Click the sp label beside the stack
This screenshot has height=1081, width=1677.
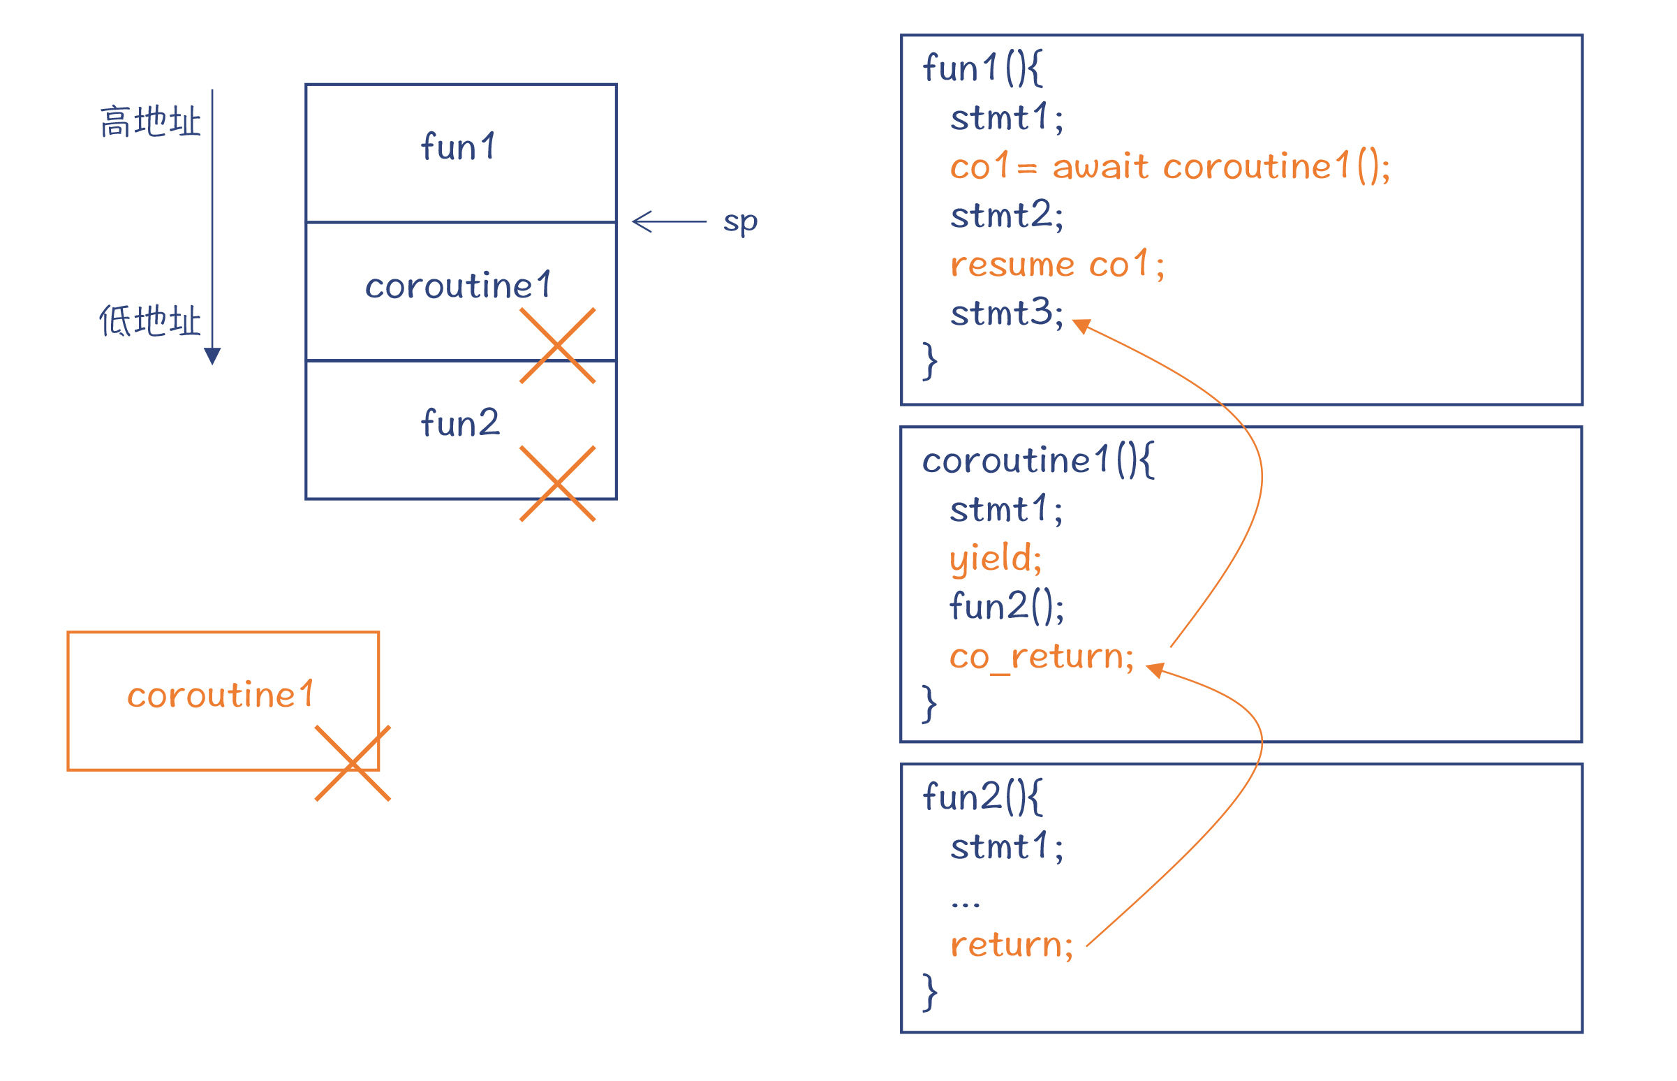coord(740,223)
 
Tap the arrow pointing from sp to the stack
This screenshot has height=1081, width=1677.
coord(669,221)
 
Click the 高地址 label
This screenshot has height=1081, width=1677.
coord(150,122)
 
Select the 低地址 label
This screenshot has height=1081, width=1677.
coord(150,321)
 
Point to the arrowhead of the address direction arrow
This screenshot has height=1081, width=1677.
coord(212,356)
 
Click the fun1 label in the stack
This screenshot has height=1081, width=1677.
coord(458,147)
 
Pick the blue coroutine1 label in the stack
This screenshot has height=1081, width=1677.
coord(458,285)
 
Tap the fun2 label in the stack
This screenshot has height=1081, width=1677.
coord(460,422)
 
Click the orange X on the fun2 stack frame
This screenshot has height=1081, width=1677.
coord(557,484)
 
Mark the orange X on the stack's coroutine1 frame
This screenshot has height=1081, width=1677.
coord(557,346)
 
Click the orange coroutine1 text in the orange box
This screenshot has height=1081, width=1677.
coord(221,694)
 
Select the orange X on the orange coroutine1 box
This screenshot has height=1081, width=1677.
coord(353,763)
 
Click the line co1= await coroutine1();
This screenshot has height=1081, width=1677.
coord(1169,167)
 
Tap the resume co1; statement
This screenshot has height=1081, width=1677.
coord(1057,265)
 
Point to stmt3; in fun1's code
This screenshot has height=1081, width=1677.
coord(1007,313)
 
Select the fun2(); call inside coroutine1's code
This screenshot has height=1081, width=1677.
coord(1006,606)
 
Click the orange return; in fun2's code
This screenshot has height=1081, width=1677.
coord(1011,945)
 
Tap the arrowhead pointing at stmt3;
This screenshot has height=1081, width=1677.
coord(1083,325)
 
